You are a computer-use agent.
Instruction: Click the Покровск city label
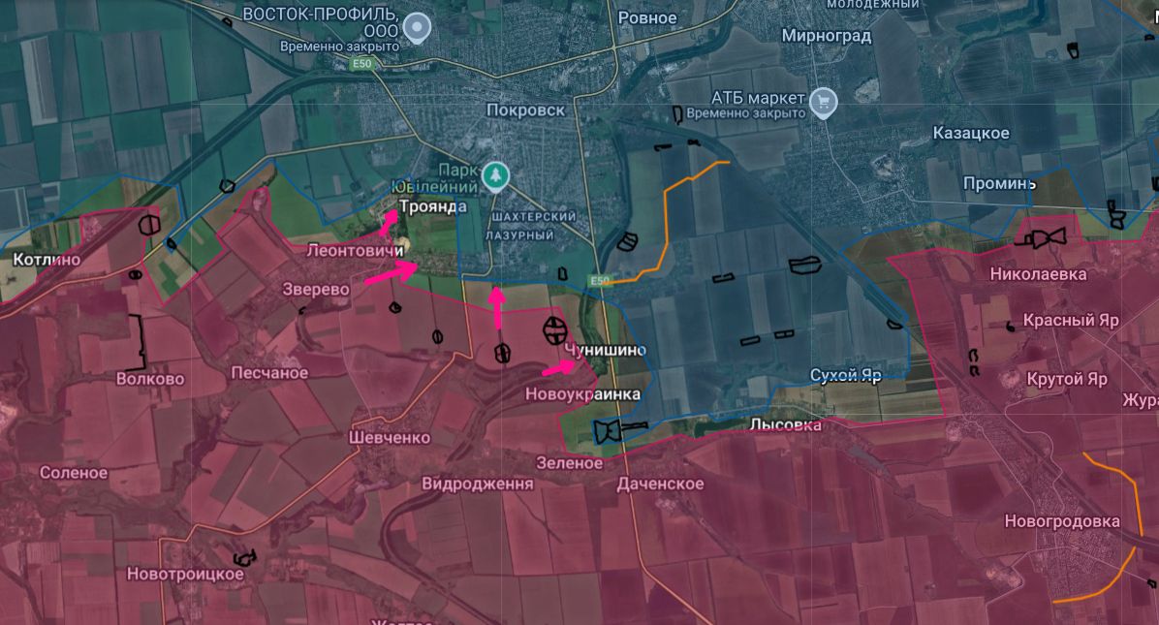(x=526, y=110)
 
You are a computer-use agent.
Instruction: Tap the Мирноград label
(x=827, y=36)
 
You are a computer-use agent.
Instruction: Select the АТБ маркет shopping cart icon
(x=824, y=100)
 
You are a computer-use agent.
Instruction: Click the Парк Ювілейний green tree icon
(x=495, y=174)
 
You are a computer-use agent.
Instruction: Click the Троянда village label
(x=433, y=206)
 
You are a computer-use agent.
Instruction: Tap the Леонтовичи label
(x=355, y=251)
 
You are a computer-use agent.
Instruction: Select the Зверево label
(x=316, y=289)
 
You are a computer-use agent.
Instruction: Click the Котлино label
(x=47, y=260)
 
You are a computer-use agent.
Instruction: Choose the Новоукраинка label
(x=582, y=394)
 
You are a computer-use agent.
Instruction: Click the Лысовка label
(x=785, y=424)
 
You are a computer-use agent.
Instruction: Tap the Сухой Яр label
(x=846, y=376)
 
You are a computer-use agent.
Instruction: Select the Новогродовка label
(x=1062, y=521)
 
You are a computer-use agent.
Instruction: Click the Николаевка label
(x=1038, y=274)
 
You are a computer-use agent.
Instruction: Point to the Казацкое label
(x=971, y=134)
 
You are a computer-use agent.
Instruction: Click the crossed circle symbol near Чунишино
(x=555, y=329)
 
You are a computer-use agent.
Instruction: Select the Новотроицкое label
(x=185, y=574)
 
